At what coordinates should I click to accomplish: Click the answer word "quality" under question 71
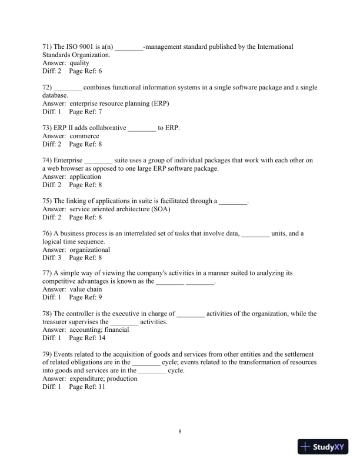(79, 62)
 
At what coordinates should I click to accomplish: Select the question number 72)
(48, 88)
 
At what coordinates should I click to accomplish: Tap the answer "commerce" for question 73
(84, 136)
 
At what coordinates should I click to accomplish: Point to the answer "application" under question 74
(85, 177)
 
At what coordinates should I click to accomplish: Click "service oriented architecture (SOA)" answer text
(120, 209)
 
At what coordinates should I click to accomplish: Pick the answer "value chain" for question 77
(85, 289)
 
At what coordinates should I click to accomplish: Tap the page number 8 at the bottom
(180, 431)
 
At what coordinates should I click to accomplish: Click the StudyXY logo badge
(324, 447)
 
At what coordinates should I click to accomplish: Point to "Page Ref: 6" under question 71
(85, 71)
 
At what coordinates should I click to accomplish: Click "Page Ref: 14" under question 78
(87, 338)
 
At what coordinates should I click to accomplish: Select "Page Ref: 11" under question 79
(87, 387)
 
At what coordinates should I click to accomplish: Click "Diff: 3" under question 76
(52, 258)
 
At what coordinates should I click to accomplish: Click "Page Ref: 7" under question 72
(85, 111)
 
